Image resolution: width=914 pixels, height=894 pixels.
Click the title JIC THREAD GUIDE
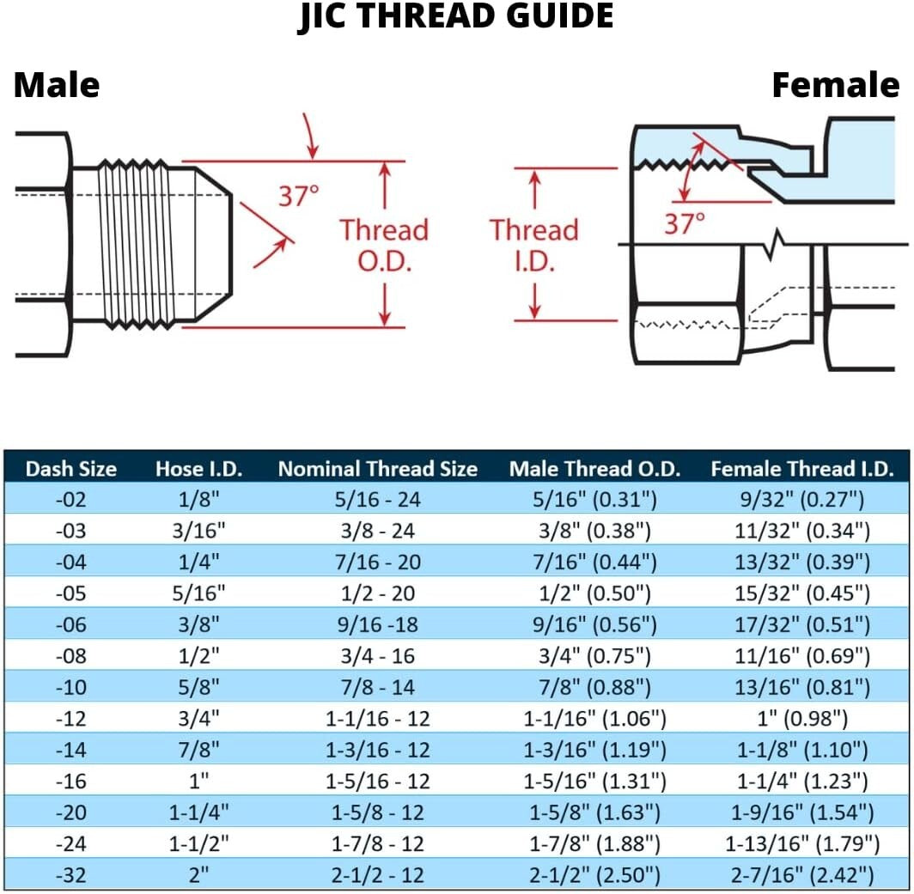coord(456,17)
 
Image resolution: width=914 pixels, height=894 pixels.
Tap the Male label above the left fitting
coord(57,85)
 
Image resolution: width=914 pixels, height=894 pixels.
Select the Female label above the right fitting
coord(835,85)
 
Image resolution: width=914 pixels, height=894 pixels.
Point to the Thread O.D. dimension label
coord(383,245)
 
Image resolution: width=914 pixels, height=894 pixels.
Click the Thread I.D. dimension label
coord(533,245)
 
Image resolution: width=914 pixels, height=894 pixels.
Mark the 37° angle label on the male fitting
coord(298,196)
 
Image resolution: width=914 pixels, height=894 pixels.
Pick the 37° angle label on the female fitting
coord(684,224)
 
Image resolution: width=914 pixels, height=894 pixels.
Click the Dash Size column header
coord(70,469)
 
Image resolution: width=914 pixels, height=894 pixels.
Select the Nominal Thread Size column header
coord(377,469)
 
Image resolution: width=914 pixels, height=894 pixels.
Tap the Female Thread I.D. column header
coord(802,469)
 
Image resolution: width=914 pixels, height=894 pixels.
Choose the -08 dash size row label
coord(70,656)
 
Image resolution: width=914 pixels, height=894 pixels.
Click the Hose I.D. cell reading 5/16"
coord(198,593)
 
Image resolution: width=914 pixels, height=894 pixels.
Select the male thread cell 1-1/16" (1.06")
coord(594,719)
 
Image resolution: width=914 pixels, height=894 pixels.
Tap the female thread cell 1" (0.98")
coord(801,719)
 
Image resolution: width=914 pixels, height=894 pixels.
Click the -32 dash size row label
coord(70,875)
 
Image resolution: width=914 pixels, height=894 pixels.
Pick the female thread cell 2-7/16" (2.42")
coord(801,875)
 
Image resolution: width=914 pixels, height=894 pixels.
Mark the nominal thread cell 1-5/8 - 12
coord(378,812)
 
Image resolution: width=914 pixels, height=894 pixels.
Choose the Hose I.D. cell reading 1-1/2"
coord(198,843)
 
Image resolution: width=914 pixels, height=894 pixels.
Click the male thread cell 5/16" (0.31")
coord(594,500)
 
